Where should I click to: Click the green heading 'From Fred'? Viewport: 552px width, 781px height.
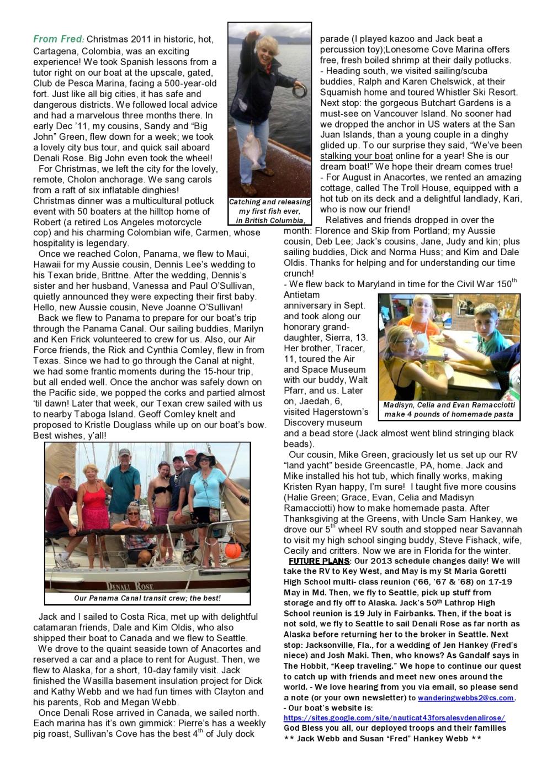(58, 39)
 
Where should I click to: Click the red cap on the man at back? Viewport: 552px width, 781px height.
(189, 453)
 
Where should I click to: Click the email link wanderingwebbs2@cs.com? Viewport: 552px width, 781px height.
(466, 698)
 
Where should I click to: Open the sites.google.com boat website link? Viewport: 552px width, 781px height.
(394, 718)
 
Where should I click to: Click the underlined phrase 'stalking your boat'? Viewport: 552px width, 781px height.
(356, 156)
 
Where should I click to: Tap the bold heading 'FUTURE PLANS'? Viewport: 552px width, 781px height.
(320, 561)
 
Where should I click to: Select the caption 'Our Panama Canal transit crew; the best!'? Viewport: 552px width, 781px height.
(147, 598)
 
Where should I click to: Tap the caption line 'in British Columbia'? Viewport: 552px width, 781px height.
(270, 221)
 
